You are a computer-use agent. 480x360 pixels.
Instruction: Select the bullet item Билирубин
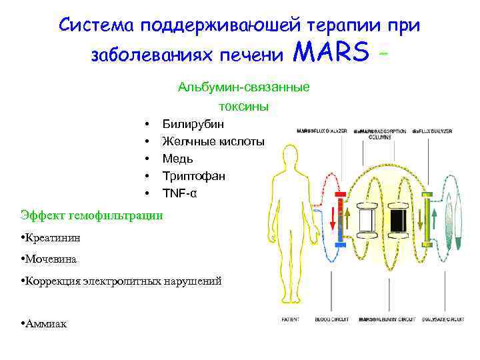coord(193,124)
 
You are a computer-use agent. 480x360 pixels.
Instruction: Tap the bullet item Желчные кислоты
coord(213,141)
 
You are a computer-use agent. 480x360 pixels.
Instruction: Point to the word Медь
coord(178,159)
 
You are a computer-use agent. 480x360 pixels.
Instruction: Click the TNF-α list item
coord(180,193)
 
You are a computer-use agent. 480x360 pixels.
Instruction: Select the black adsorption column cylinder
coord(398,217)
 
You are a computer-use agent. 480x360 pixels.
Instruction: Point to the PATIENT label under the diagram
coord(290,320)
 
